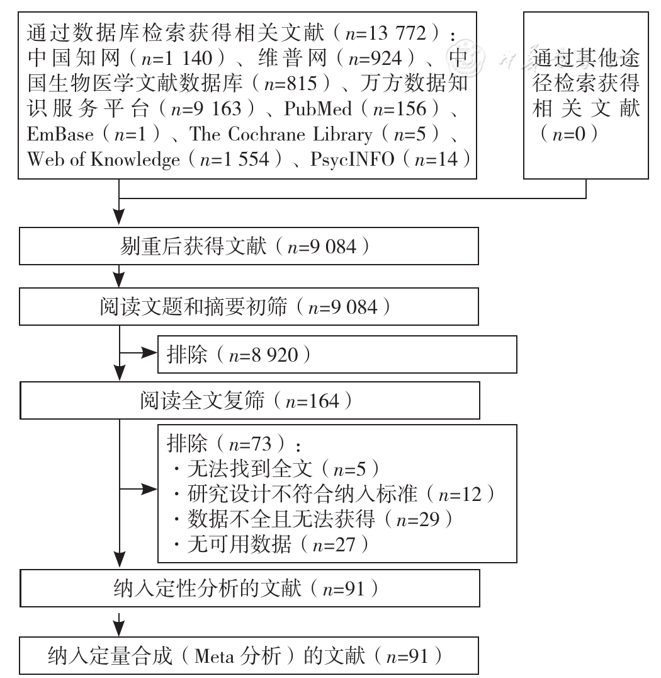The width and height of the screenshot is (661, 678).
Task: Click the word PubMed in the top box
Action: click(318, 108)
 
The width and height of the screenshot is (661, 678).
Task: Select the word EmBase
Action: click(60, 134)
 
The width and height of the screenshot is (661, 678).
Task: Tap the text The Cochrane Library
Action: click(280, 134)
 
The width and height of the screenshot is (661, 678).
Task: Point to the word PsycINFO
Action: click(352, 159)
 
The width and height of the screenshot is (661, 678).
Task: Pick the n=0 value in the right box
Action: click(569, 134)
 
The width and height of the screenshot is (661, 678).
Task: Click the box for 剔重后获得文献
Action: click(249, 246)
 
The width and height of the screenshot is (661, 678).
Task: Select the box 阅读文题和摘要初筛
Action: click(249, 307)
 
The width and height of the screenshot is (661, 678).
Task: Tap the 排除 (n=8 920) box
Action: click(337, 355)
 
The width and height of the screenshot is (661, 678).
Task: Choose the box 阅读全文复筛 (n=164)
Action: click(250, 400)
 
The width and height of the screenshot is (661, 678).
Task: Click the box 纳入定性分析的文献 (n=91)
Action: click(250, 588)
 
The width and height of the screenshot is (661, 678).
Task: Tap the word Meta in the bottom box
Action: click(215, 657)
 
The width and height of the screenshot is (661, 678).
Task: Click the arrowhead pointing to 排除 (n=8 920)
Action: click(149, 353)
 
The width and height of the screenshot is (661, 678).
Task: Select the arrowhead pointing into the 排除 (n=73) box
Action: click(149, 490)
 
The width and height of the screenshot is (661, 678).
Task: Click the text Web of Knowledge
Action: click(103, 159)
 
